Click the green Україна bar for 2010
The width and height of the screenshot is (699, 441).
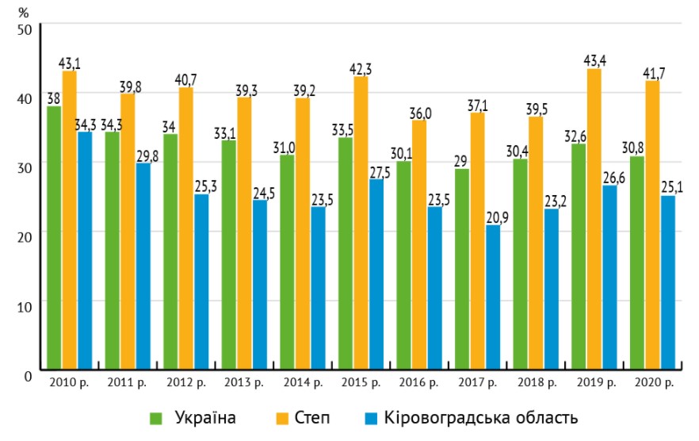click(x=54, y=238)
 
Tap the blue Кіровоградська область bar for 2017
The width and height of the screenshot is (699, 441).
click(x=493, y=297)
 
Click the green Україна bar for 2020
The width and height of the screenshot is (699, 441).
click(x=637, y=263)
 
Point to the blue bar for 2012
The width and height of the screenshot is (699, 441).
click(x=201, y=282)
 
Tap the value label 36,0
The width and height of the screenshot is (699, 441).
click(x=418, y=113)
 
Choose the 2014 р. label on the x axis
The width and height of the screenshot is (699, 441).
click(x=303, y=384)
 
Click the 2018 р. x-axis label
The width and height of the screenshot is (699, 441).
click(x=537, y=384)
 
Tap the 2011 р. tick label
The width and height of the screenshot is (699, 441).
click(x=127, y=384)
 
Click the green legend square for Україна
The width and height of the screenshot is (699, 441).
click(x=158, y=417)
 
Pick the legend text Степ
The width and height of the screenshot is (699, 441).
click(x=311, y=417)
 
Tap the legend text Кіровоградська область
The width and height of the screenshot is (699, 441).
click(x=480, y=417)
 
